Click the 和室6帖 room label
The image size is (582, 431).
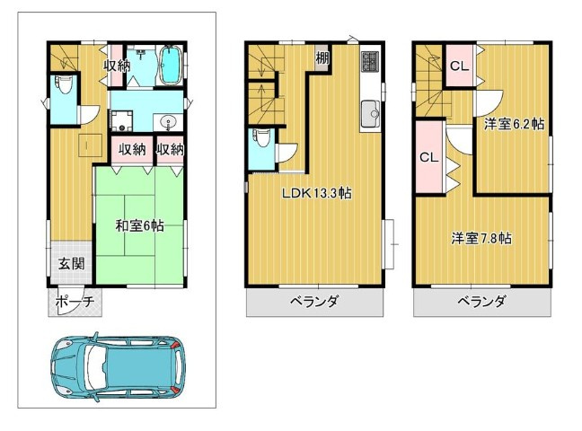coord(139,225)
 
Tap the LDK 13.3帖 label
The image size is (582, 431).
coord(317,193)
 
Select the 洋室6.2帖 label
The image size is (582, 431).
coord(514,124)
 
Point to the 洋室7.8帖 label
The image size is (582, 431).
coord(481,238)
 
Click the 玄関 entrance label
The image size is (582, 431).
coord(71,264)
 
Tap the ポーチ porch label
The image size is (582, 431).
coord(75,302)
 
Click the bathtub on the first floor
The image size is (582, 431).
coord(171,66)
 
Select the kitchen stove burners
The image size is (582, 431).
coord(370,62)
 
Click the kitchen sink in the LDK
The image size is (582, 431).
coord(370,114)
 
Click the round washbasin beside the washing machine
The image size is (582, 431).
coord(169,122)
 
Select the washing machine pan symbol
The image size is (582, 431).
coord(121,121)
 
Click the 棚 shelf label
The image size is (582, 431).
coord(322,57)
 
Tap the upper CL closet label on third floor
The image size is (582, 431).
coord(460,66)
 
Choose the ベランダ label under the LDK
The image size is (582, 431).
coord(314,301)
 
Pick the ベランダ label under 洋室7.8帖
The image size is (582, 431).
coord(481,301)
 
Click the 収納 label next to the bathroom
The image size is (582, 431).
coord(117,66)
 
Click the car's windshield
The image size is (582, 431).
coord(96,370)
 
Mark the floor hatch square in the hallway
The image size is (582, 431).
coord(91,145)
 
